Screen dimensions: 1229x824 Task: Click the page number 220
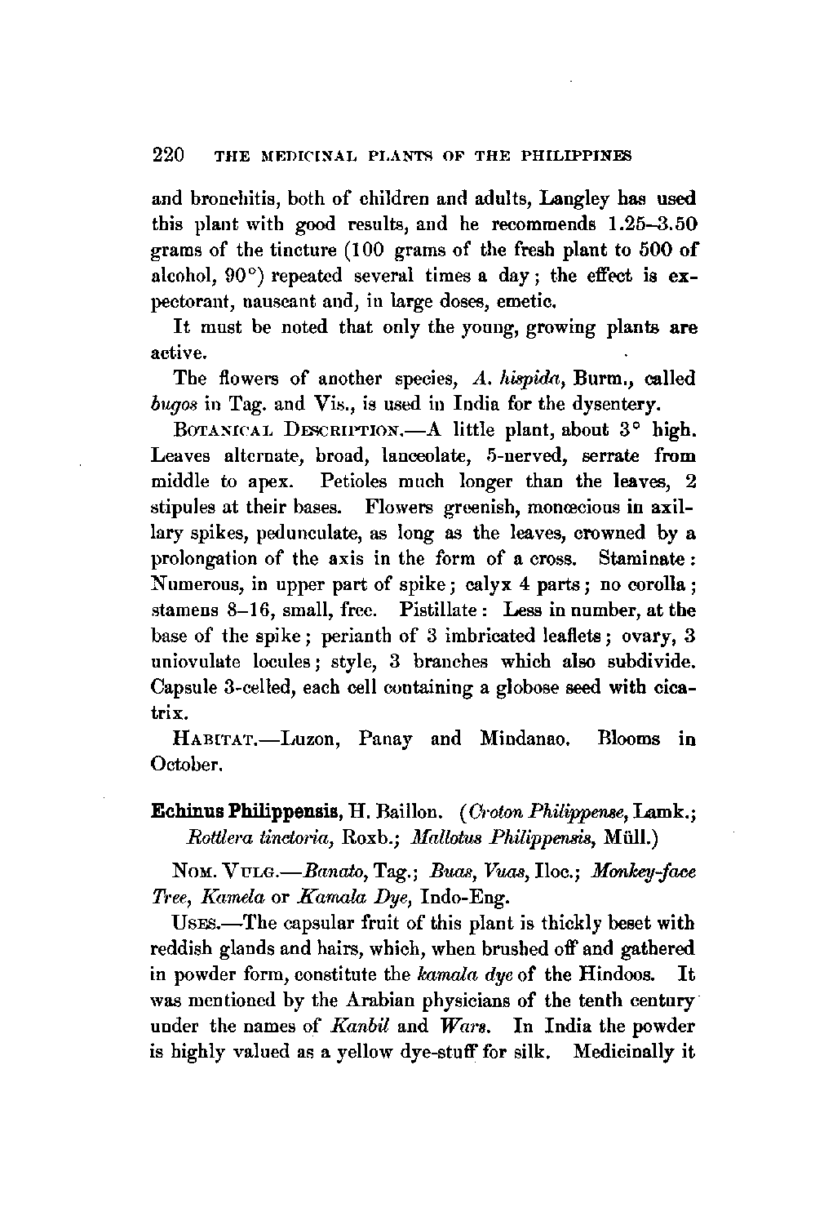170,155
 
